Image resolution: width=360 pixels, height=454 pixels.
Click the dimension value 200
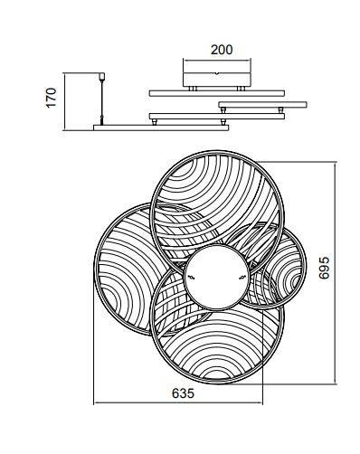pos(222,50)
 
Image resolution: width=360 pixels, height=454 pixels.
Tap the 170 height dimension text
pos(52,97)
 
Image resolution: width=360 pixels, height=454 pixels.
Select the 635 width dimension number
pos(184,393)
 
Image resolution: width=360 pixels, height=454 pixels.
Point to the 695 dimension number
pos(325,268)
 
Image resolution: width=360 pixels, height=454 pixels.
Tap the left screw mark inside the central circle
pos(191,278)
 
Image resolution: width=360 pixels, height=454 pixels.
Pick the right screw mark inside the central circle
pos(242,278)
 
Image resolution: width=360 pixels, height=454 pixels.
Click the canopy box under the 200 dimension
pos(217,79)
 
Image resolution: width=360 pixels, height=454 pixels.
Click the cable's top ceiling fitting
pos(102,76)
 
